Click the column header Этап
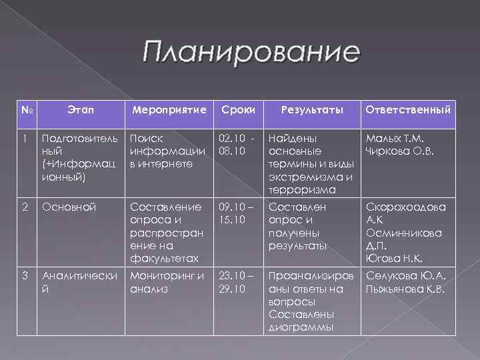(81, 108)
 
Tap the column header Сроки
(237, 109)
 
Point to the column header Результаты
(310, 109)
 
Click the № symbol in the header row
(25, 109)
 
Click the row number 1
(24, 139)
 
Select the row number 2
(24, 207)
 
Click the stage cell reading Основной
(69, 207)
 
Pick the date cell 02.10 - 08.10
(237, 145)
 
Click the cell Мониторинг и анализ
(167, 282)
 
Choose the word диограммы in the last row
(301, 327)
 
